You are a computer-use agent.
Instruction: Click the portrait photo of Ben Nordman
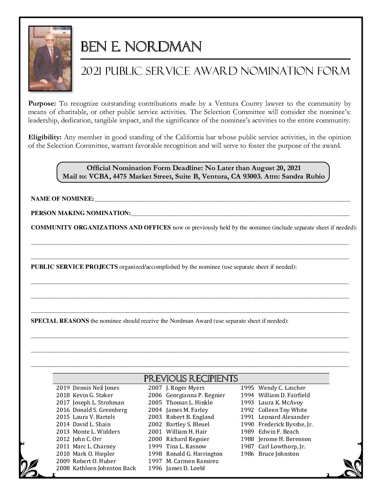point(50,58)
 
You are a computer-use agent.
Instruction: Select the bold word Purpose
point(42,104)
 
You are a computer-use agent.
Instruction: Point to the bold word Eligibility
point(45,137)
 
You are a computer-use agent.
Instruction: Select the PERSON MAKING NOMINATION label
point(80,213)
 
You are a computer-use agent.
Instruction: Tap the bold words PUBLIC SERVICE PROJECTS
point(74,267)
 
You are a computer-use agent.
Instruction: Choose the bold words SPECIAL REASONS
point(60,321)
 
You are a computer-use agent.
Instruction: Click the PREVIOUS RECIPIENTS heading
point(191,379)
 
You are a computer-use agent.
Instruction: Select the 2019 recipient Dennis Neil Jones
point(96,388)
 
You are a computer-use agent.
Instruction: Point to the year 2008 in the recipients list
point(63,468)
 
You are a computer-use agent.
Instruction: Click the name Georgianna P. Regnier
point(195,395)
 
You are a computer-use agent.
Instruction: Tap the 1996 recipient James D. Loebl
point(185,468)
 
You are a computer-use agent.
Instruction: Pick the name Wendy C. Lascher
point(282,388)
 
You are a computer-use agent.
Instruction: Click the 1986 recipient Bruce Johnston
point(278,454)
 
